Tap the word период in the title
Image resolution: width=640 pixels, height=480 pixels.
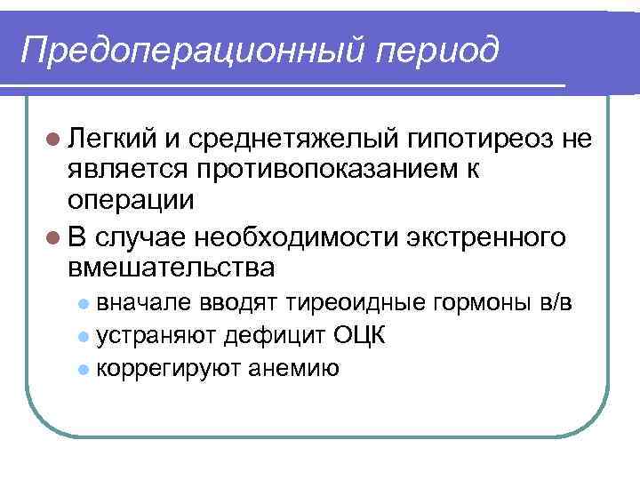pyautogui.click(x=436, y=50)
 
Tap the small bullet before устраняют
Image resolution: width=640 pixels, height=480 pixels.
pyautogui.click(x=84, y=336)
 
